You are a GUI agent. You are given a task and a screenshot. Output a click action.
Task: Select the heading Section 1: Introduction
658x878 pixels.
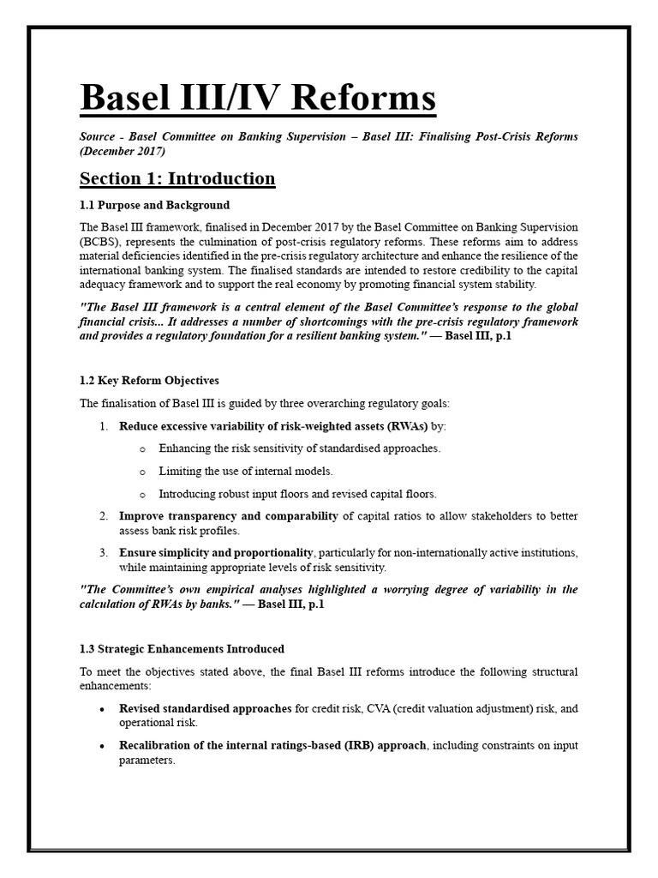click(x=177, y=178)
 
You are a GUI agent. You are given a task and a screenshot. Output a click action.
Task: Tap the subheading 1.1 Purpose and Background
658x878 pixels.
click(x=154, y=205)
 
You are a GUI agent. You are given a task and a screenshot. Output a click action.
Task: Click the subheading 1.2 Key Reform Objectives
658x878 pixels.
click(x=149, y=380)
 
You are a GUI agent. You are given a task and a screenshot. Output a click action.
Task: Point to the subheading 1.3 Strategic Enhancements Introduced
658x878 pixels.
click(x=182, y=649)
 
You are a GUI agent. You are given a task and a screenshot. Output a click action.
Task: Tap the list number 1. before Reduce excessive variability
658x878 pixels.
click(x=104, y=425)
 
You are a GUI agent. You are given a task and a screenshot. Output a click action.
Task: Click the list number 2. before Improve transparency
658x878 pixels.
click(x=104, y=516)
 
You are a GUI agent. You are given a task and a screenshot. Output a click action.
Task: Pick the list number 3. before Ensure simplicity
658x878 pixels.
click(x=104, y=552)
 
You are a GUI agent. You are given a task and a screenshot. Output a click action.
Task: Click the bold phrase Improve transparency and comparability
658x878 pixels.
click(x=229, y=516)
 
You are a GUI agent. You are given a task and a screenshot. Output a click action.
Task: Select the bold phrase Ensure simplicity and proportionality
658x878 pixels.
click(x=218, y=552)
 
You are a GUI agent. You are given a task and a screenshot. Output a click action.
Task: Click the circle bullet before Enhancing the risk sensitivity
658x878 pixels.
click(x=141, y=448)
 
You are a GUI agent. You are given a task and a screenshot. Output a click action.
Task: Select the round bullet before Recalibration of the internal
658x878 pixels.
click(x=103, y=746)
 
